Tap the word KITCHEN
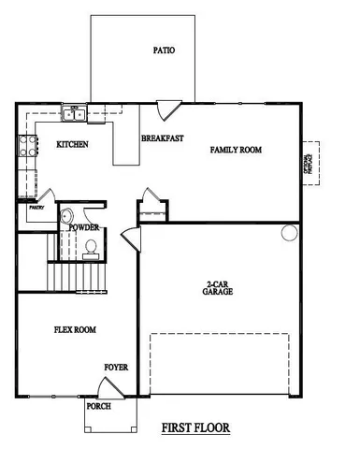(x=73, y=144)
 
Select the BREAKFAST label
(x=162, y=138)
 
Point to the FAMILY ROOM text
(x=235, y=149)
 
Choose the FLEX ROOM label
(x=74, y=329)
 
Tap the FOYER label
(x=116, y=367)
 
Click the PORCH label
(x=99, y=407)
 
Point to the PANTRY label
(x=36, y=208)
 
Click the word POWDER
(x=84, y=227)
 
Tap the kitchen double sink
(x=74, y=114)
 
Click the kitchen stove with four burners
(x=28, y=146)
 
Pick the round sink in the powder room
(x=65, y=216)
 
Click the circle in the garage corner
(x=290, y=231)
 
